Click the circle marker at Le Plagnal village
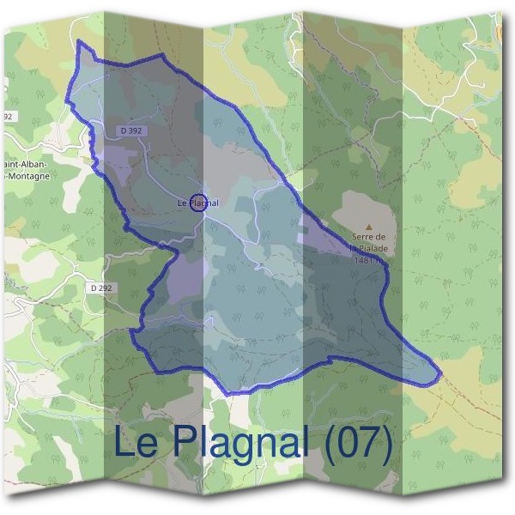coord(197,203)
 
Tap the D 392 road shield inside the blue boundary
coord(131,130)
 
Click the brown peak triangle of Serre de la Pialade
coord(369,227)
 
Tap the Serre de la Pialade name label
coord(370,245)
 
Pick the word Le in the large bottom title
coord(135,444)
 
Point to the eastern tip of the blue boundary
coord(440,375)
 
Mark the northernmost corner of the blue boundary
coord(79,41)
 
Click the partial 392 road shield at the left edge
coord(8,116)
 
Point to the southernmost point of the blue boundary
coord(230,394)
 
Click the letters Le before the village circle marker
coord(182,203)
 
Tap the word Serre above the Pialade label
coord(364,238)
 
